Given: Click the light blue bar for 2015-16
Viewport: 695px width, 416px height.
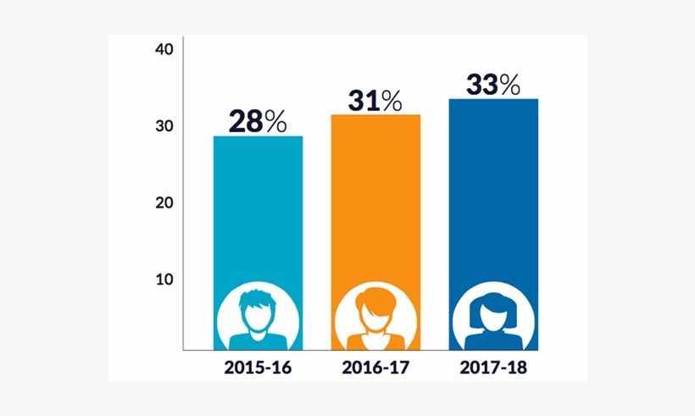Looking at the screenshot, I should [258, 212].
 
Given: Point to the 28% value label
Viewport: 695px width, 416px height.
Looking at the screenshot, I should [258, 121].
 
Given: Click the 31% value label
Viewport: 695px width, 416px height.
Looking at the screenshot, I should [375, 101].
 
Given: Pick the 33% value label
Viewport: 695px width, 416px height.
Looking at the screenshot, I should [492, 85].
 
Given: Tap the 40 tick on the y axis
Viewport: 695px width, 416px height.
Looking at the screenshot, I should [164, 49].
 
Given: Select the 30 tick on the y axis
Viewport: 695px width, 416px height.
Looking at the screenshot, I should [164, 126].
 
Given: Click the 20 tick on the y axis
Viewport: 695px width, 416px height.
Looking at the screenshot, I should [164, 202].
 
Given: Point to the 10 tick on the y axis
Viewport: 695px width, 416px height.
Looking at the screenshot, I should [164, 279].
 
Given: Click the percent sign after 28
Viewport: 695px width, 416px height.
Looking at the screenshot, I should [275, 122].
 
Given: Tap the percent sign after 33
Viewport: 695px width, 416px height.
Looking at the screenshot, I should [509, 85].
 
